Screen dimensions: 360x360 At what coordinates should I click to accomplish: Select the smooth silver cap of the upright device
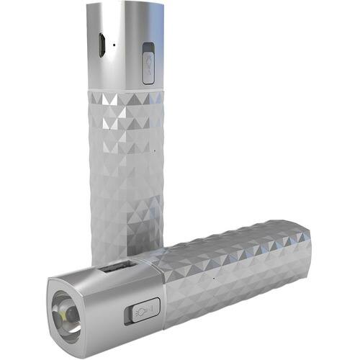(122, 50)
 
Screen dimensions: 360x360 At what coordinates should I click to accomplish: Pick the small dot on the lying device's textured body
(214, 276)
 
